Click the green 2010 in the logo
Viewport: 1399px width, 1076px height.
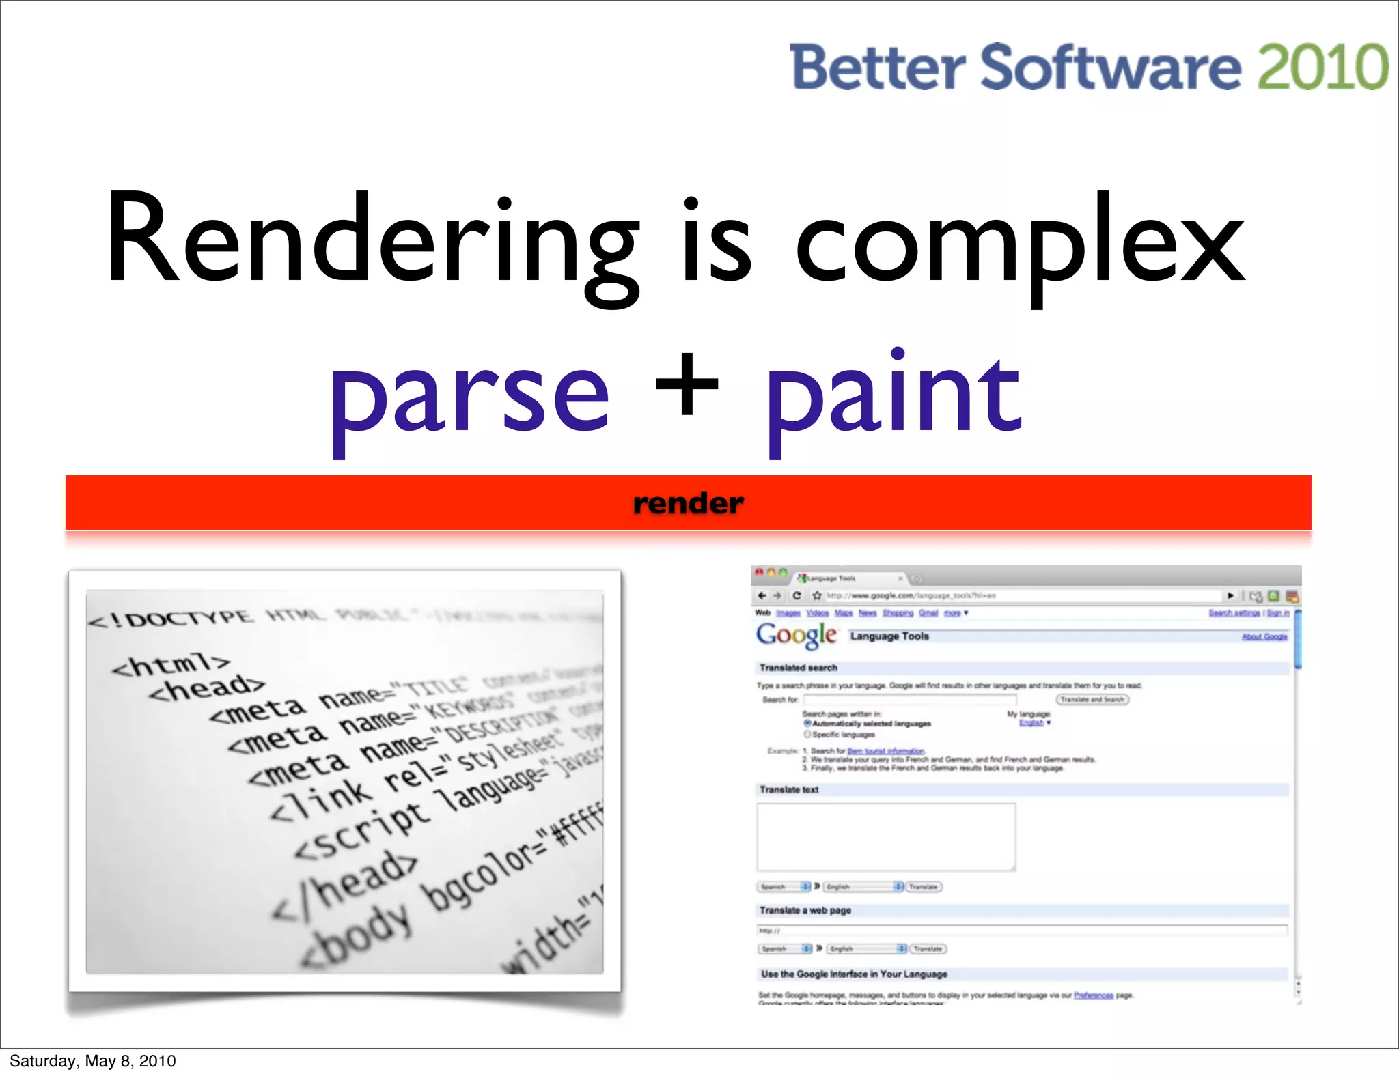(1322, 67)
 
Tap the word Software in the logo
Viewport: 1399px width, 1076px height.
(1110, 67)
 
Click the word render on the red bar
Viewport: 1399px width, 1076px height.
(688, 503)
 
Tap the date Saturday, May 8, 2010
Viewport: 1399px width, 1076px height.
(93, 1060)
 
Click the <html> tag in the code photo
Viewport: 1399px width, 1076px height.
(171, 664)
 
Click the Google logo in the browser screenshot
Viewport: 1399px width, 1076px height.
(796, 635)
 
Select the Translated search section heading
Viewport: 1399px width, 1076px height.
(798, 668)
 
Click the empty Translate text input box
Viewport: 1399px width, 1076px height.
(886, 836)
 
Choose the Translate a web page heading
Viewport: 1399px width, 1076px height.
(805, 910)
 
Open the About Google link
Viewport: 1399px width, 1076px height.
(1264, 636)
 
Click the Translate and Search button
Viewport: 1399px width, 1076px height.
(1092, 699)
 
